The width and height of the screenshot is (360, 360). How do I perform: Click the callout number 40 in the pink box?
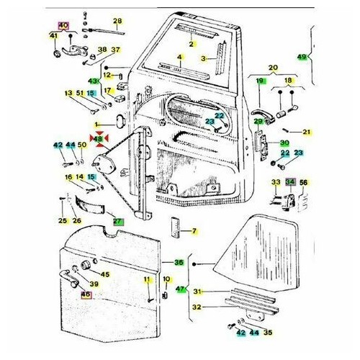63,25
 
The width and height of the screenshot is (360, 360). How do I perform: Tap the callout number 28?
117,21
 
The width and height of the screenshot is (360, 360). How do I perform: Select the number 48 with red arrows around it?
98,139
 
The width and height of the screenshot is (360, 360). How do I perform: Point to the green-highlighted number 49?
302,57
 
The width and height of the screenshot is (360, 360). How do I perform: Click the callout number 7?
194,231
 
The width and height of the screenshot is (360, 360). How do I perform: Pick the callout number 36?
179,262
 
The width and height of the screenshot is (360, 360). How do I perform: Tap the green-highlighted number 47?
180,289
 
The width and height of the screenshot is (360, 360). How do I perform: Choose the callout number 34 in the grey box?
290,182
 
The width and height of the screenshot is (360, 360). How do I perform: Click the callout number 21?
307,132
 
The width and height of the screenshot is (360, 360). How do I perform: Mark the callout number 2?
192,44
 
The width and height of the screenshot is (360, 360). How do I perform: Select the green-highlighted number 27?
119,222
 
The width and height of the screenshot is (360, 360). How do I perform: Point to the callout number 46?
86,294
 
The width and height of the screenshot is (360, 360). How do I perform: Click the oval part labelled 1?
121,121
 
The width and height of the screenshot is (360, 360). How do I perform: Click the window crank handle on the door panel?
68,279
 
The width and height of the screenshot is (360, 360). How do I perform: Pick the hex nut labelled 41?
57,54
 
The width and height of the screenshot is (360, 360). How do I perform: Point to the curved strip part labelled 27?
89,205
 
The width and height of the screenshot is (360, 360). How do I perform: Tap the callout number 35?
268,332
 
